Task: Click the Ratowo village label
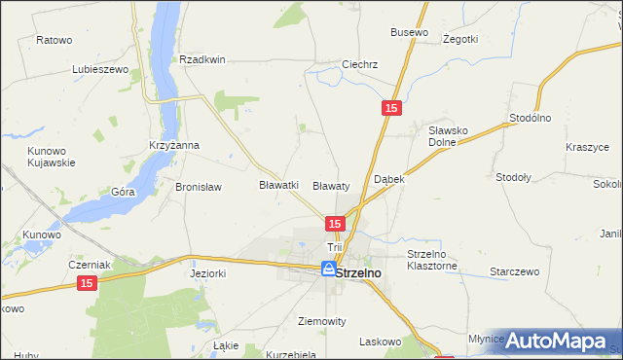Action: (x=55, y=41)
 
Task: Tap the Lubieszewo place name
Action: (x=100, y=70)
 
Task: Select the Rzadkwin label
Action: (x=202, y=59)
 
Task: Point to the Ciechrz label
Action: (x=359, y=65)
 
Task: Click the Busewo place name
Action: (x=409, y=32)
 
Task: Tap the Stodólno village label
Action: (x=531, y=118)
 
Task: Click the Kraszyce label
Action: (x=587, y=147)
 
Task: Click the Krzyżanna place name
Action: (x=174, y=145)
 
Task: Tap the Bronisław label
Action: (x=199, y=187)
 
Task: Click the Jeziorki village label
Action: (x=207, y=274)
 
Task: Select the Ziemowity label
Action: (x=321, y=320)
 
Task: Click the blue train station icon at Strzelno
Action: (x=330, y=268)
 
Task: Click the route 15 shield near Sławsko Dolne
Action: (x=389, y=110)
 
